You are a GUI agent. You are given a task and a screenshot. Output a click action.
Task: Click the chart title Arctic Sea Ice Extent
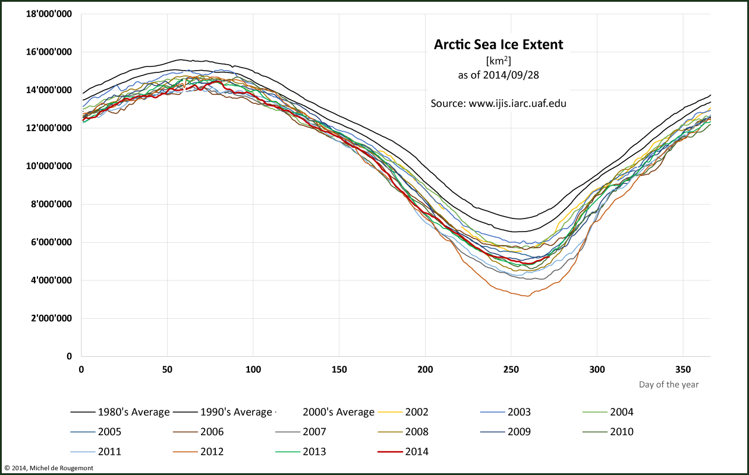pyautogui.click(x=498, y=45)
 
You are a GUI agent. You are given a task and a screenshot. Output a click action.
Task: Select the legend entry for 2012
pyautogui.click(x=212, y=451)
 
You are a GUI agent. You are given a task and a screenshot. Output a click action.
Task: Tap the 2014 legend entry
pyautogui.click(x=416, y=451)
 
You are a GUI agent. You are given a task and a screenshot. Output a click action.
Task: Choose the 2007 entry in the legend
pyautogui.click(x=314, y=432)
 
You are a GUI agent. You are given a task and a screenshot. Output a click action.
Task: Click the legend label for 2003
pyautogui.click(x=518, y=412)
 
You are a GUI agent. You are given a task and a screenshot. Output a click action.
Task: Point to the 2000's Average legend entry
pyautogui.click(x=338, y=412)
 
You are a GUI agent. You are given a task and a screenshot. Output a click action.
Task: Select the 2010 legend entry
pyautogui.click(x=621, y=432)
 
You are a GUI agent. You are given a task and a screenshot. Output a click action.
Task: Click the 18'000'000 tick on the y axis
pyautogui.click(x=49, y=14)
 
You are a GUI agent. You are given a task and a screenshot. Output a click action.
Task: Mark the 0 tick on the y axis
pyautogui.click(x=69, y=356)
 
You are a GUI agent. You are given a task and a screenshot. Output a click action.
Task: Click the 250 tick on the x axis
pyautogui.click(x=511, y=369)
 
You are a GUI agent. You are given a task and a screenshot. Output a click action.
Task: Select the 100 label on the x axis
pyautogui.click(x=253, y=369)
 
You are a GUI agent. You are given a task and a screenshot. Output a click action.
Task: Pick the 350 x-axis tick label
pyautogui.click(x=682, y=369)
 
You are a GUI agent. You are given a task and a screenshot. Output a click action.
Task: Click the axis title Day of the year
pyautogui.click(x=669, y=385)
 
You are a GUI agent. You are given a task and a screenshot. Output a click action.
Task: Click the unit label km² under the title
pyautogui.click(x=498, y=61)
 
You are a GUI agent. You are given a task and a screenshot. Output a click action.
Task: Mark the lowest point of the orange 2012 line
pyautogui.click(x=526, y=296)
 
